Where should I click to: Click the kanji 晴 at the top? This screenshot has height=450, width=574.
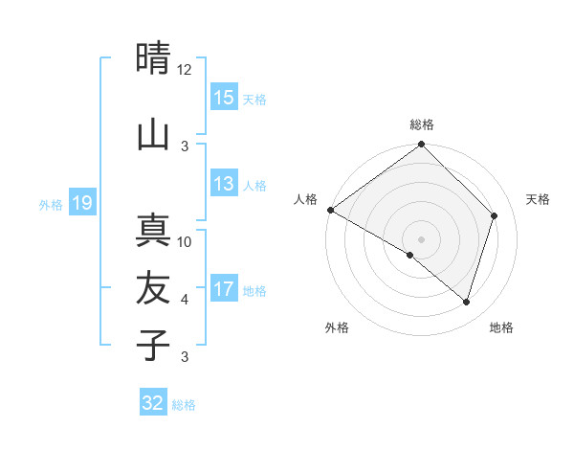(x=153, y=59)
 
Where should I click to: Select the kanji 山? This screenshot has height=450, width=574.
(x=153, y=135)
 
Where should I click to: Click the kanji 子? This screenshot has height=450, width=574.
(x=153, y=345)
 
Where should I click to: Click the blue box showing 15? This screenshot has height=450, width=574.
(x=224, y=98)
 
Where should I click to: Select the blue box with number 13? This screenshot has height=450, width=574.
(x=224, y=185)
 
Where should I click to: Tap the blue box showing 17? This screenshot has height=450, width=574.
(x=224, y=290)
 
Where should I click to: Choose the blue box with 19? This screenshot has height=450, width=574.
(x=81, y=203)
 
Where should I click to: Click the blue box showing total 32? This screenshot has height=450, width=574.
(x=153, y=403)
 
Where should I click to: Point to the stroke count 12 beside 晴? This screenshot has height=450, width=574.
(x=185, y=70)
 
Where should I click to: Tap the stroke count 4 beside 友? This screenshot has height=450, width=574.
(x=185, y=300)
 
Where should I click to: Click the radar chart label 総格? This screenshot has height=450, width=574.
(x=422, y=124)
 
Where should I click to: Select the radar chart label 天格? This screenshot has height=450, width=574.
(x=539, y=199)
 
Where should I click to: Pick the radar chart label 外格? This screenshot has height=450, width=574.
(x=337, y=327)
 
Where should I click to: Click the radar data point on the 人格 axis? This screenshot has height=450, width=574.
(x=330, y=210)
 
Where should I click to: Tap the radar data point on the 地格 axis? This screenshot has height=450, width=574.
(x=467, y=302)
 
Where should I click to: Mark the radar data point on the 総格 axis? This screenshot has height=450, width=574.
(x=422, y=146)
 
